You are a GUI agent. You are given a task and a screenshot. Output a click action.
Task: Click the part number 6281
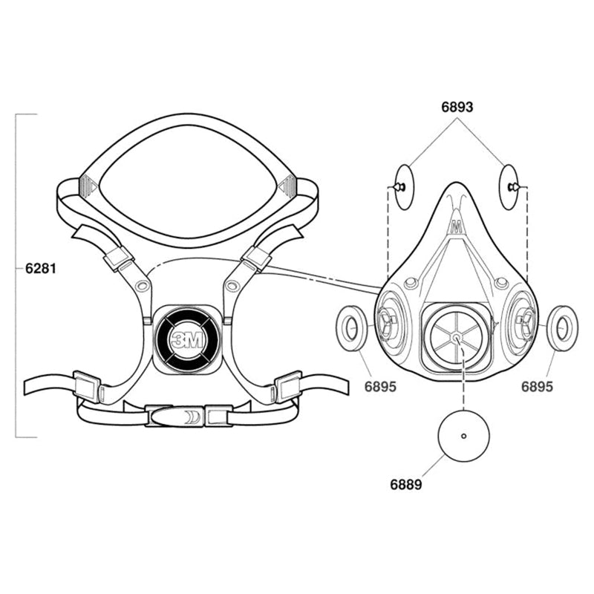tap(41, 269)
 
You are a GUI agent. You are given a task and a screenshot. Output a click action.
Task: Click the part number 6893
tap(457, 107)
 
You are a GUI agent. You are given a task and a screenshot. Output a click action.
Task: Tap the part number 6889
tap(406, 485)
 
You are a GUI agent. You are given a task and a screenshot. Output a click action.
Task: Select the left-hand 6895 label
tap(380, 387)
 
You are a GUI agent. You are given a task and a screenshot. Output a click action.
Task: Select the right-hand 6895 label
tap(537, 387)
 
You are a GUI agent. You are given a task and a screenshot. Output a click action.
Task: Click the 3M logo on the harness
tap(188, 340)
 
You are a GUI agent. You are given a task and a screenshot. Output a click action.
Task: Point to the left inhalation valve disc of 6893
tap(404, 187)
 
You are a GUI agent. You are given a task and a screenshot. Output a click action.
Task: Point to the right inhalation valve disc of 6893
tap(509, 187)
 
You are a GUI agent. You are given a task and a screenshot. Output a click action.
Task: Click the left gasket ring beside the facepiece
tap(352, 327)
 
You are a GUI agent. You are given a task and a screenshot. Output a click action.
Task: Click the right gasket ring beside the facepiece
tap(563, 327)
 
